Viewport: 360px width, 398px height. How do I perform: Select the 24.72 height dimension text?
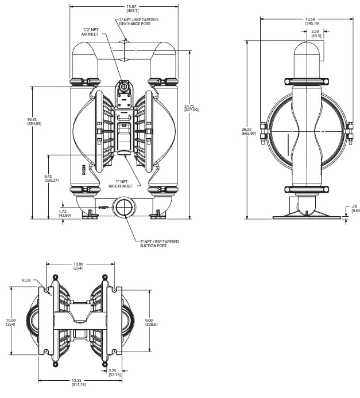tap(190, 107)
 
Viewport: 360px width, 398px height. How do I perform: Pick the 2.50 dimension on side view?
tap(316, 34)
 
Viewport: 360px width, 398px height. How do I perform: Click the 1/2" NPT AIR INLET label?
tap(91, 32)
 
